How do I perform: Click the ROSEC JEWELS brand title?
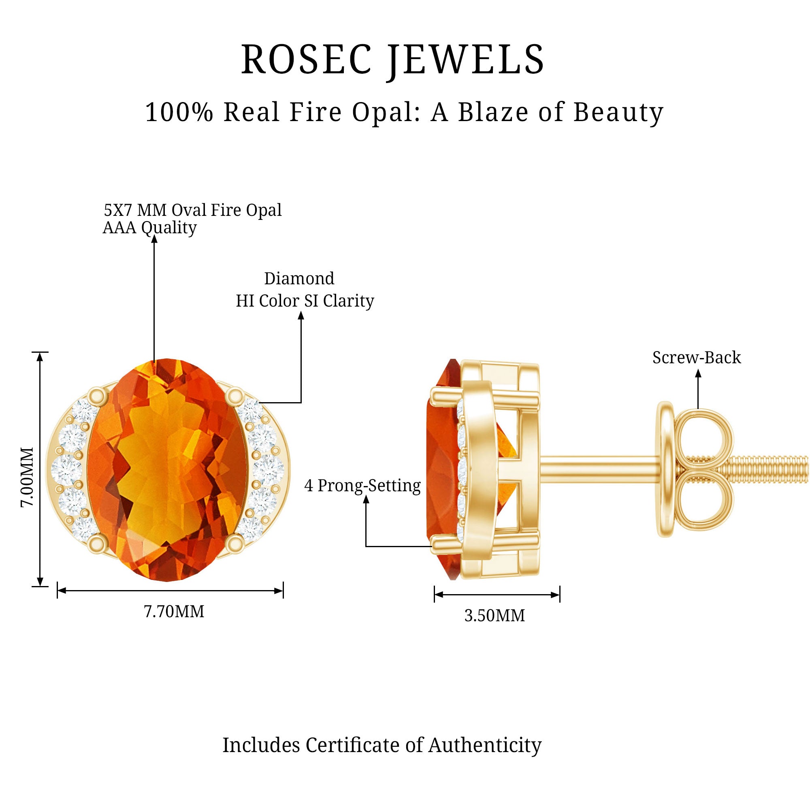coord(392,60)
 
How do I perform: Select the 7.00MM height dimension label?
coord(27,477)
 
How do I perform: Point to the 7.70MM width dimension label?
coord(174,612)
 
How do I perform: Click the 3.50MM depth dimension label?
coord(495,616)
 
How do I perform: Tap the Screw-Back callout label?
coord(696,358)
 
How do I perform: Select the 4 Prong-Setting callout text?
coord(362,486)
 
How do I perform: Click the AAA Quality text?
coord(150,228)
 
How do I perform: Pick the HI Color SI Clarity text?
coord(305,301)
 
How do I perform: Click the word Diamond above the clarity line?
coord(299,278)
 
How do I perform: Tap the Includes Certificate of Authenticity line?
coord(382,745)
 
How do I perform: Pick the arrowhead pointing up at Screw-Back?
coord(698,373)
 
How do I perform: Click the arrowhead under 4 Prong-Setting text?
coord(366,499)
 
